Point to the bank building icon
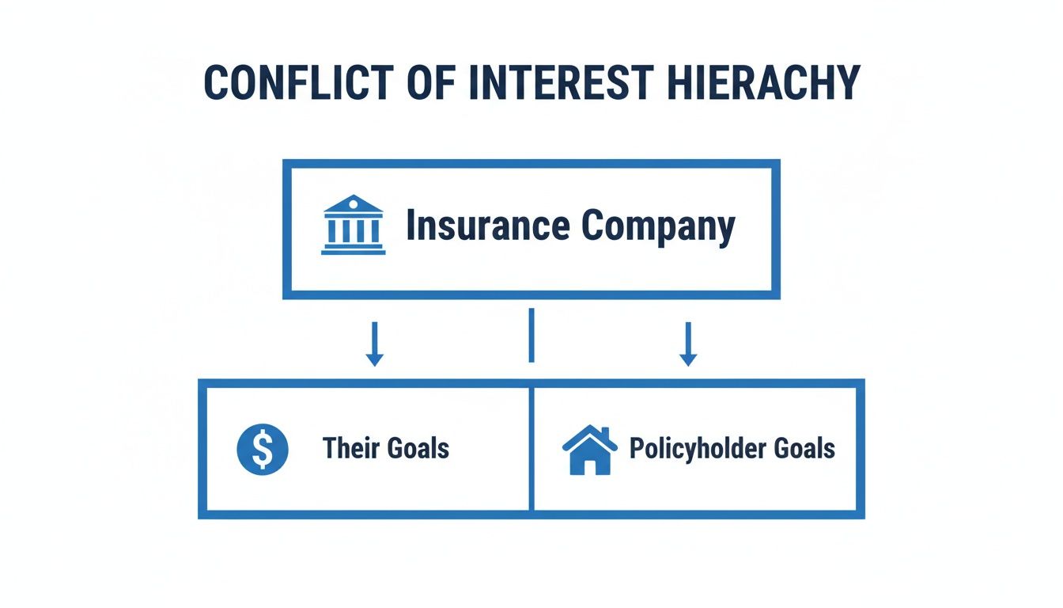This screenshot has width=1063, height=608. [x=353, y=225]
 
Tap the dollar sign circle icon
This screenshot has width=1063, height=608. [x=263, y=449]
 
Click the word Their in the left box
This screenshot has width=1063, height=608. [x=352, y=449]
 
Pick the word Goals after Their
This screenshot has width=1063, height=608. [x=418, y=449]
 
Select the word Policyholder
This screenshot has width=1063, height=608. [x=695, y=449]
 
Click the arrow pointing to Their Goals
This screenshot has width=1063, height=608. [x=375, y=344]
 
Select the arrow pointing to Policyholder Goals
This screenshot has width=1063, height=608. [x=688, y=344]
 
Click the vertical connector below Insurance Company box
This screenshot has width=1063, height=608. [x=531, y=336]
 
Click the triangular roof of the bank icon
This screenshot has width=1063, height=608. [x=353, y=204]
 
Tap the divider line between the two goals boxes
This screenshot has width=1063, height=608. [x=531, y=448]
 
